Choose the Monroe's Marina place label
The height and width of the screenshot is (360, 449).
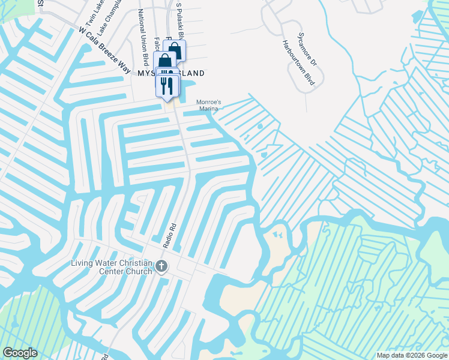click(x=209, y=105)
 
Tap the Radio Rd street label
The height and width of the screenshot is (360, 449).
click(x=172, y=235)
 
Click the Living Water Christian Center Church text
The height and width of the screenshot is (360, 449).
click(x=110, y=267)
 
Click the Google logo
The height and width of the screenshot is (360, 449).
click(x=20, y=353)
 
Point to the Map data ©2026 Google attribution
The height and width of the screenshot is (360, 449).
click(x=411, y=355)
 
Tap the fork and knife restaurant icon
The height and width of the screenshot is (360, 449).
click(x=168, y=85)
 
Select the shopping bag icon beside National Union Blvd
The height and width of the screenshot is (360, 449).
click(x=164, y=61)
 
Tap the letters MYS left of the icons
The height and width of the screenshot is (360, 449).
click(x=146, y=73)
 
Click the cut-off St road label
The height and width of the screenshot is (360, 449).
click(x=40, y=4)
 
